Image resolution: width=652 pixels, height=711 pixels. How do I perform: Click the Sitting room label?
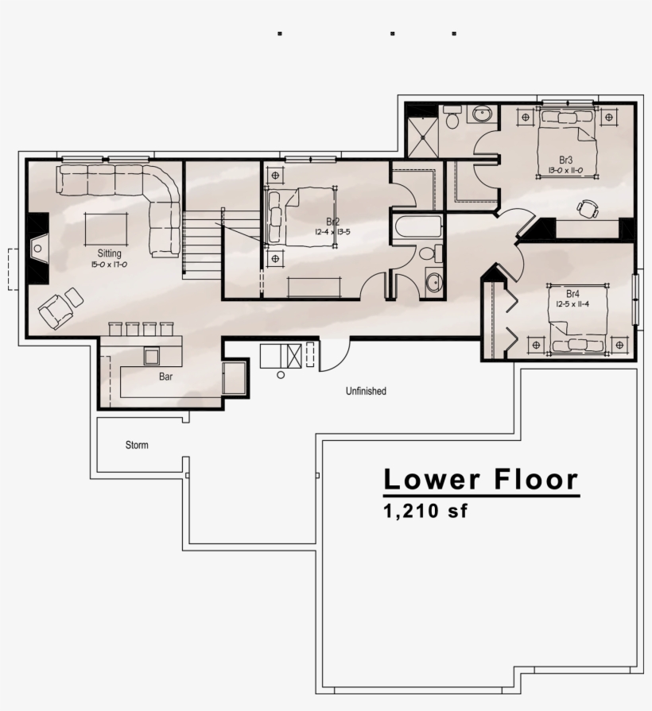pos(110,253)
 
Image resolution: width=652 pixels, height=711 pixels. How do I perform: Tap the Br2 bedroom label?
pos(332,222)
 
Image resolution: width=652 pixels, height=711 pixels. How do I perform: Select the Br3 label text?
pos(566,160)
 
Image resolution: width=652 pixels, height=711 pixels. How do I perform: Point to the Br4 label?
pos(572,293)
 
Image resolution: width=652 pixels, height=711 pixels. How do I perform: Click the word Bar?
pos(165,377)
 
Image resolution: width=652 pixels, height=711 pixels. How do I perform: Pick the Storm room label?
pos(137,446)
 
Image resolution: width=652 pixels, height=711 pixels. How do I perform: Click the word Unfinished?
pos(366,391)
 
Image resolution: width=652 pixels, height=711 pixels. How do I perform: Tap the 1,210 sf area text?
pos(425,511)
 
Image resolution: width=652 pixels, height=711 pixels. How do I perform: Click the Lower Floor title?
pos(481,479)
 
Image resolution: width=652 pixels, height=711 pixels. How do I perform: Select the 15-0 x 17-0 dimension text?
pos(109,265)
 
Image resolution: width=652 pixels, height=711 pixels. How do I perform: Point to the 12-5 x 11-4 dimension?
pos(572,303)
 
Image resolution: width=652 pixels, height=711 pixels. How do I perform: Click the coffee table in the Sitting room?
pos(107,229)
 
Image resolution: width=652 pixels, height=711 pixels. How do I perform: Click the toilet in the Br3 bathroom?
pos(452,117)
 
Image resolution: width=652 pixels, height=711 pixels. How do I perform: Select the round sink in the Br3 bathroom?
pos(483,114)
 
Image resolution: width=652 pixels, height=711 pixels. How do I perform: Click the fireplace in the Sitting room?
pos(38,248)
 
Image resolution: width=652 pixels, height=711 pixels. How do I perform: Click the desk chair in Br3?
pos(588,209)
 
